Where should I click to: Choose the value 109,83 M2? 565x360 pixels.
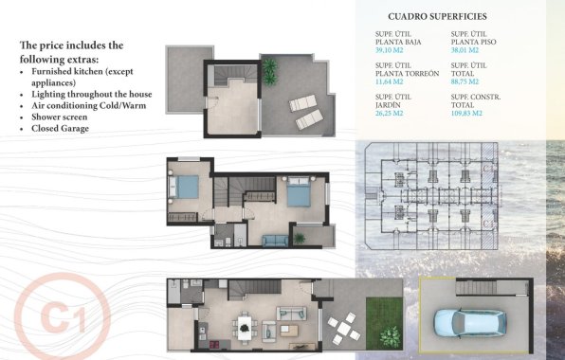pyautogui.click(x=468, y=114)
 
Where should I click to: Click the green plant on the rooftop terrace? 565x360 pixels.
pyautogui.click(x=271, y=67)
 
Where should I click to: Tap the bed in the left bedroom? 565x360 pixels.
pyautogui.click(x=185, y=187)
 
